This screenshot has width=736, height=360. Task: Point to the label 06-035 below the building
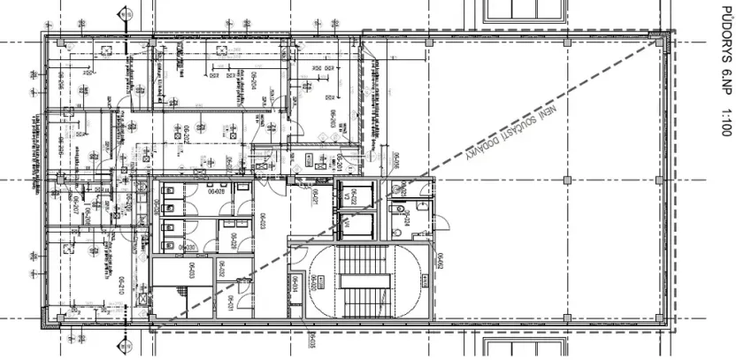point(311,341)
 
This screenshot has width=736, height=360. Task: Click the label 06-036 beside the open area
point(397,160)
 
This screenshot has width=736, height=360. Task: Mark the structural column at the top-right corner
point(655,37)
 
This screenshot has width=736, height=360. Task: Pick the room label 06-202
point(188,134)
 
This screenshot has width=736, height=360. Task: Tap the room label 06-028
point(216,190)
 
